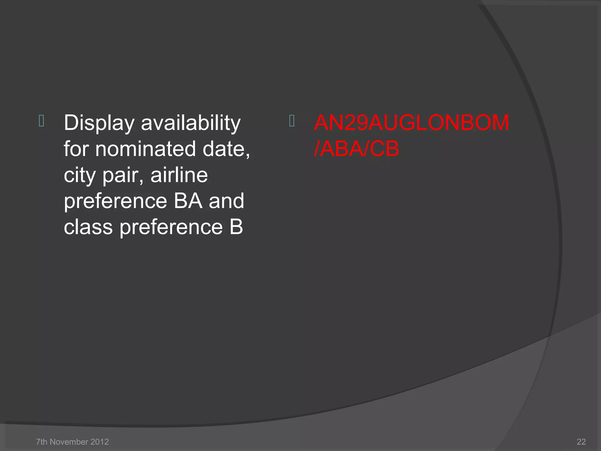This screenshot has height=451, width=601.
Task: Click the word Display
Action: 99,123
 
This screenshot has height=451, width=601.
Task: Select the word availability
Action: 191,123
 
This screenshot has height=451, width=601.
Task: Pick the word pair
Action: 123,175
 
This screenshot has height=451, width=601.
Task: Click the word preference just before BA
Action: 116,201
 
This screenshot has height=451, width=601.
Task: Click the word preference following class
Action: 171,227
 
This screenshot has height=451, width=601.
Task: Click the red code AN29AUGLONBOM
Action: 411,123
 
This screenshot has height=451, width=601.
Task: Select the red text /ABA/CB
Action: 357,149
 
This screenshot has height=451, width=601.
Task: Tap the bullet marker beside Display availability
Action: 41,121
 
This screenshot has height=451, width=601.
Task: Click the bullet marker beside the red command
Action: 292,121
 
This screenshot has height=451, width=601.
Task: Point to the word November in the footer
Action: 68,442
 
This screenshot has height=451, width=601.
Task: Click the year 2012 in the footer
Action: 99,442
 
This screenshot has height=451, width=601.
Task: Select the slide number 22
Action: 581,442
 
